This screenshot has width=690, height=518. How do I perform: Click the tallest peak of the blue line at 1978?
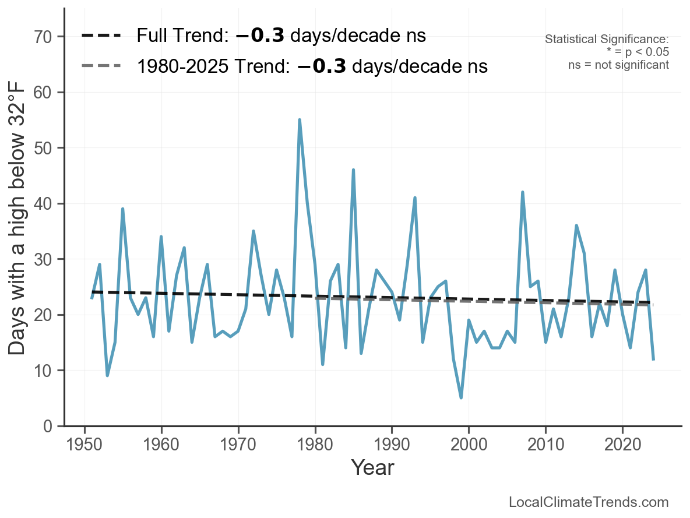click(x=300, y=120)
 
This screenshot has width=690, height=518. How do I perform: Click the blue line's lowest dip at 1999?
click(x=461, y=397)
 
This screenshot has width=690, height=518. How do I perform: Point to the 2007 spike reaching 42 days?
click(x=523, y=192)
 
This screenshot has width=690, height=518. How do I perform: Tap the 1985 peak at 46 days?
click(x=353, y=170)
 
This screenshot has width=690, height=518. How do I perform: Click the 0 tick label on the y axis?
click(x=49, y=426)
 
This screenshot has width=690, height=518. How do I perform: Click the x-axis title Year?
click(x=372, y=467)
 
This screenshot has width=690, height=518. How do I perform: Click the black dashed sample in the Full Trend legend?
click(x=101, y=36)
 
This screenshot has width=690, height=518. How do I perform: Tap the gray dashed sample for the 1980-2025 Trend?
click(x=101, y=66)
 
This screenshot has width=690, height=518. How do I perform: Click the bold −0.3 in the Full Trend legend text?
click(x=260, y=36)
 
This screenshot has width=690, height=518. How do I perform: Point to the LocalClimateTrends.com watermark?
click(x=589, y=502)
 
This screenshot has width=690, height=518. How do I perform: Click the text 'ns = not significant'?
click(x=618, y=65)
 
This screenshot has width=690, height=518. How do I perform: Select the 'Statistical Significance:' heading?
click(x=607, y=39)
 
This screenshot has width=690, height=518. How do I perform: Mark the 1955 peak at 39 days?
click(x=123, y=209)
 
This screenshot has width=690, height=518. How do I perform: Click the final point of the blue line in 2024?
click(x=653, y=359)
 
